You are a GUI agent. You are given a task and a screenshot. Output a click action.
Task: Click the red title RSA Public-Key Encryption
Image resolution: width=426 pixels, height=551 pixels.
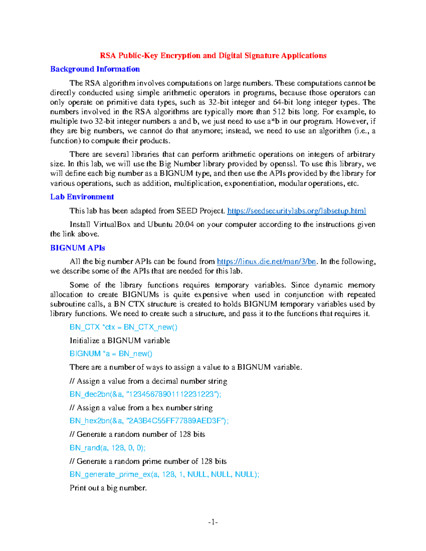tap(213, 56)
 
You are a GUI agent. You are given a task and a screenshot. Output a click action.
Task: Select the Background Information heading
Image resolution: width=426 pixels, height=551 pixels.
tap(95, 69)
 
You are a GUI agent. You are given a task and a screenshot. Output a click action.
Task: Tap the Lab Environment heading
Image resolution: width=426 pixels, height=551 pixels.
tap(82, 197)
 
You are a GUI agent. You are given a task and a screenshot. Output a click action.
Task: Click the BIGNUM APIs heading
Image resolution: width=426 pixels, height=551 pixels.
tap(77, 248)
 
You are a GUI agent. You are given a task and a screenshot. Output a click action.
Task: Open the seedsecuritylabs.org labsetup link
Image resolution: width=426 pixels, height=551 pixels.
tap(296, 211)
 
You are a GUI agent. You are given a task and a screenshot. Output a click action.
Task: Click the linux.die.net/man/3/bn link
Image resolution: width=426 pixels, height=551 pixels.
tap(266, 262)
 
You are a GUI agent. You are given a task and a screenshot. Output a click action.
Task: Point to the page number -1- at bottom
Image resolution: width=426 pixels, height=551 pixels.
tap(213, 522)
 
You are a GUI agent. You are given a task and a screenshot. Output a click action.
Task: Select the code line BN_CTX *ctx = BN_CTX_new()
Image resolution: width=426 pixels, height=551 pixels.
tap(123, 327)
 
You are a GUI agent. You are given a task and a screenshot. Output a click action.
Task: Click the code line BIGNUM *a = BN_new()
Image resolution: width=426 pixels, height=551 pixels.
tap(111, 354)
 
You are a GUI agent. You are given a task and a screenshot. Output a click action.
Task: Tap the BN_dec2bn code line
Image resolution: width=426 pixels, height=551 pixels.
tap(145, 394)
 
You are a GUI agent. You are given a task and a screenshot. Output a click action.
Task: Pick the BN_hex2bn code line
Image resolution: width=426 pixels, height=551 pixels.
tap(149, 421)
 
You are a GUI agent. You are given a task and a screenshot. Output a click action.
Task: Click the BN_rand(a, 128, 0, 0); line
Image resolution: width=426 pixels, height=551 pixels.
tap(107, 448)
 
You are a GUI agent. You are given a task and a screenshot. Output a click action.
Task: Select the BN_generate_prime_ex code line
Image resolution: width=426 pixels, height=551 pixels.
tap(164, 474)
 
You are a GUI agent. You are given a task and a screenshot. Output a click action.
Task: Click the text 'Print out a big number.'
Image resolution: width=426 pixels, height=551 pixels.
tap(108, 488)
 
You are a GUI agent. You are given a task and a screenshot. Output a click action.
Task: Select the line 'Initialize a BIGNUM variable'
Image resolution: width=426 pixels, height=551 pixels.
tap(120, 341)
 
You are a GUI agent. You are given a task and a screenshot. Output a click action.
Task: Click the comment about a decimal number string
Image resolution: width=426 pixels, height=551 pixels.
tap(148, 381)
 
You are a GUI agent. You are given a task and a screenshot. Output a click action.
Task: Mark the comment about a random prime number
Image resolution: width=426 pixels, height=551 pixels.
tap(148, 461)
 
